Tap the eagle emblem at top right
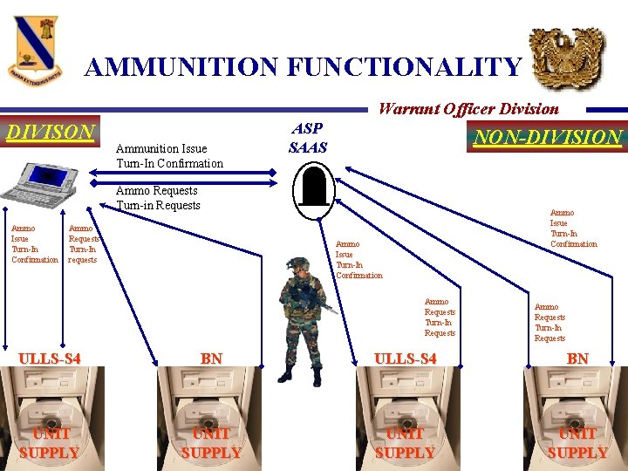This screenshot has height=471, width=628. tap(567, 58)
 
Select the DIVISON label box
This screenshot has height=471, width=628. tap(51, 133)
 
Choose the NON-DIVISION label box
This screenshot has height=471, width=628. tap(547, 137)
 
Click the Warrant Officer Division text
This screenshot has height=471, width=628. tap(468, 109)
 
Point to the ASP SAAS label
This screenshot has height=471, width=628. tap(308, 138)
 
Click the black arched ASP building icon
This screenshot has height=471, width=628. tap(313, 185)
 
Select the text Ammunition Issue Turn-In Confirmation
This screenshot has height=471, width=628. tap(169, 156)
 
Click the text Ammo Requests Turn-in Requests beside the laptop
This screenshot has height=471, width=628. tap(158, 198)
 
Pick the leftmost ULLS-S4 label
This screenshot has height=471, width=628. tap(50, 358)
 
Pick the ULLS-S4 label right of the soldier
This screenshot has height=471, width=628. tap(405, 358)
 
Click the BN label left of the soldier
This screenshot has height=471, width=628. tap(211, 358)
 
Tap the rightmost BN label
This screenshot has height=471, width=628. tap(577, 358)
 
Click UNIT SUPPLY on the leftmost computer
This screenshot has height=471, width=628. tap(50, 443)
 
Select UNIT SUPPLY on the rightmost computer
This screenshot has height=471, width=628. tap(577, 443)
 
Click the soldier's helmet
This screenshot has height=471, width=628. tap(299, 265)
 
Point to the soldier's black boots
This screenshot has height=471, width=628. tap(300, 375)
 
